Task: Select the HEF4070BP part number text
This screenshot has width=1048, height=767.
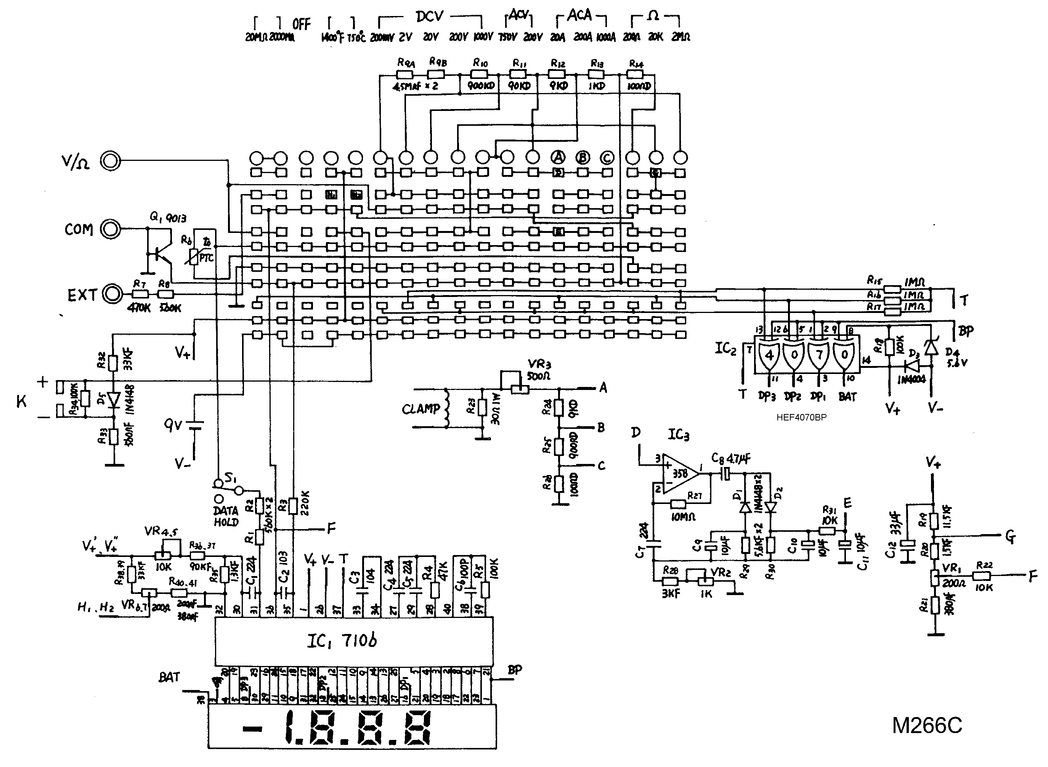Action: click(x=801, y=417)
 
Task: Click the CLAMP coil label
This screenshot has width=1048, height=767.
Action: click(x=420, y=409)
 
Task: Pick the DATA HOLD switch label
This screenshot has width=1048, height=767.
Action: click(x=226, y=516)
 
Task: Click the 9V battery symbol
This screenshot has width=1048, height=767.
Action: click(x=195, y=425)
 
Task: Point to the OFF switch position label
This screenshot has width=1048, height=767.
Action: click(x=301, y=24)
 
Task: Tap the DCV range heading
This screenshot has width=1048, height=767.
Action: click(x=430, y=17)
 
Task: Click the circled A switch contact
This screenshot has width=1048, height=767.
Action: click(x=558, y=158)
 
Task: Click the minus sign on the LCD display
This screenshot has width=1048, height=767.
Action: click(x=253, y=729)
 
